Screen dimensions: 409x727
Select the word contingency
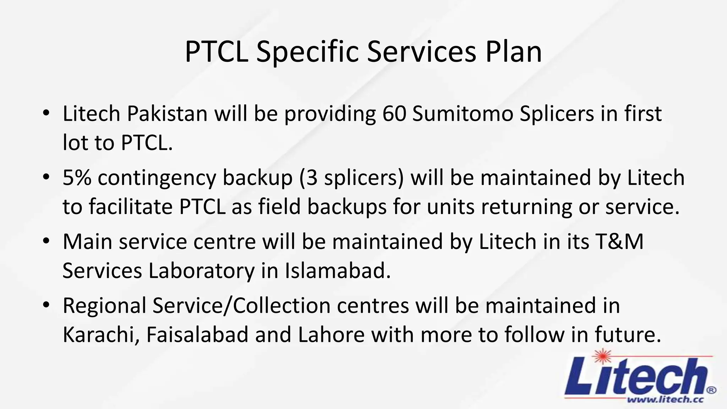coord(157,178)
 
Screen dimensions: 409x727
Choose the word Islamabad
coord(338,271)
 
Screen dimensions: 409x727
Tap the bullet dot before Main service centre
coord(46,241)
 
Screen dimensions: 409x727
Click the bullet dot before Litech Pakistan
coord(46,113)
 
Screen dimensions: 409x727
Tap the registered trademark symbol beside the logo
coord(711,390)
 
